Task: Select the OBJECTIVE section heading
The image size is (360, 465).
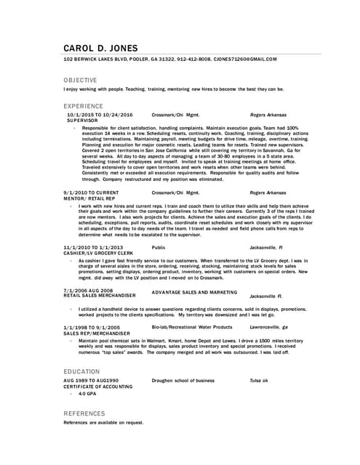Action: [80, 79]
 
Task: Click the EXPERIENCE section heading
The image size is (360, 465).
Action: [83, 105]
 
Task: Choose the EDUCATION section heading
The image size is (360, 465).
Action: [81, 371]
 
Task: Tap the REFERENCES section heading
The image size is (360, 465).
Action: [84, 413]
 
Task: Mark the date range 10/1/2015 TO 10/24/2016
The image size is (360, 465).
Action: [100, 115]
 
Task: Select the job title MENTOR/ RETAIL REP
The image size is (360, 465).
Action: [89, 198]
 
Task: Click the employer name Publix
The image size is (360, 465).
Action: [159, 247]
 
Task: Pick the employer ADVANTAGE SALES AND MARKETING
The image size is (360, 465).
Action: [194, 292]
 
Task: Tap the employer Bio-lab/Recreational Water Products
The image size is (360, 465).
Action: [192, 328]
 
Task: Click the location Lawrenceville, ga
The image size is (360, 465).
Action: [269, 328]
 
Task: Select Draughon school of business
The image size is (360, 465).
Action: [183, 381]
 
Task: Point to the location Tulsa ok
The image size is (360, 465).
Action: [259, 381]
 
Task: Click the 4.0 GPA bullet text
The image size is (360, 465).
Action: [87, 394]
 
